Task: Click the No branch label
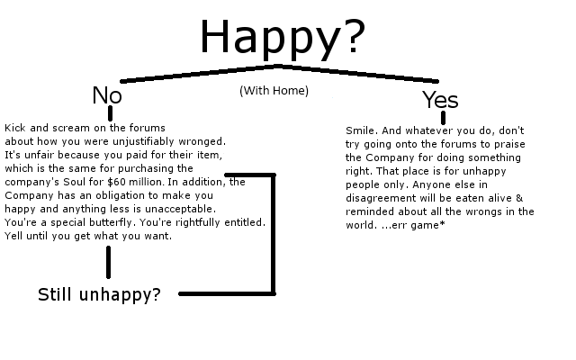click(x=107, y=95)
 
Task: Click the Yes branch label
click(x=440, y=100)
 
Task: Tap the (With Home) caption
click(x=274, y=90)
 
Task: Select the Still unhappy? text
click(x=99, y=294)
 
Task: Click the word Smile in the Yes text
click(x=360, y=130)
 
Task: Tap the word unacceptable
click(x=194, y=209)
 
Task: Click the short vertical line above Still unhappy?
click(x=109, y=262)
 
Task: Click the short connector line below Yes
click(x=443, y=118)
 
